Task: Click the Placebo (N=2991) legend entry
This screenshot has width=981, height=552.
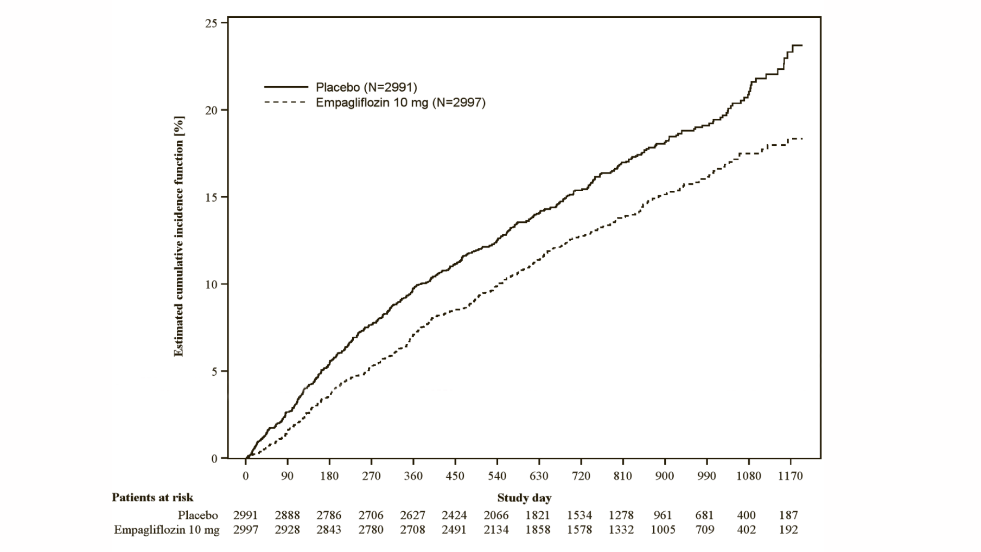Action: click(366, 87)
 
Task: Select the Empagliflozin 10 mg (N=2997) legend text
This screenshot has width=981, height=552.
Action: click(400, 102)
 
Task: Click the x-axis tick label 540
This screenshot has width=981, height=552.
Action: click(496, 476)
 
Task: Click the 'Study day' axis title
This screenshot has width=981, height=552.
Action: click(524, 498)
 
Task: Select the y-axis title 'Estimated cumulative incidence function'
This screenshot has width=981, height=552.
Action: click(179, 236)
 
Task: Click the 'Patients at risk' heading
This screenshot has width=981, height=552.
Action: click(152, 497)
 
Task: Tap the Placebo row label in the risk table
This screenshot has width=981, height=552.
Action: click(198, 515)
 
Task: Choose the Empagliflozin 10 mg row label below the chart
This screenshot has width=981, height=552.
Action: click(167, 530)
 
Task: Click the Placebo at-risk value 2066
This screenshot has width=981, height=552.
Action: click(496, 515)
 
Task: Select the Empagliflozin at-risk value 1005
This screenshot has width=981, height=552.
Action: click(663, 530)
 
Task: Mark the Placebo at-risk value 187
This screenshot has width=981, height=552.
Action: click(788, 515)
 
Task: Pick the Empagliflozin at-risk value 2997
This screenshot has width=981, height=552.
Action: click(246, 530)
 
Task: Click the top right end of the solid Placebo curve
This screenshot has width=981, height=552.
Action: click(801, 46)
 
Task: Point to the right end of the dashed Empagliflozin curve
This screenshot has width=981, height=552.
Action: click(801, 139)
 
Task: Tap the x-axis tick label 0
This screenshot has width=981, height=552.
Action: click(246, 476)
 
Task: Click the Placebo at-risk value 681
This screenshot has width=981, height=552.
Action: click(704, 515)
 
